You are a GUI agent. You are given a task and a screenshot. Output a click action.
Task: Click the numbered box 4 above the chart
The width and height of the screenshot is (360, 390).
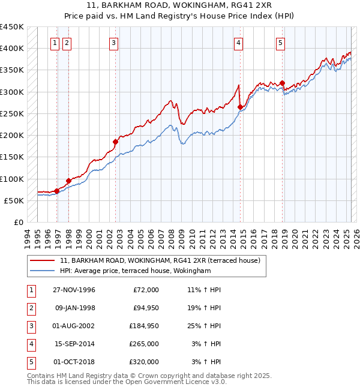pyautogui.click(x=239, y=43)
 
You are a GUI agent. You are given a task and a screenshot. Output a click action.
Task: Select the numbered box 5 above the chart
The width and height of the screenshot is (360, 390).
pyautogui.click(x=280, y=43)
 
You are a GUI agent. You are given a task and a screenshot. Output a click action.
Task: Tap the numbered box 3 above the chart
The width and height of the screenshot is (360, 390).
pyautogui.click(x=113, y=43)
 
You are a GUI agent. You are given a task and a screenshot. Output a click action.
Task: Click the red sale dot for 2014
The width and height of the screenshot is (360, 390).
pyautogui.click(x=240, y=107)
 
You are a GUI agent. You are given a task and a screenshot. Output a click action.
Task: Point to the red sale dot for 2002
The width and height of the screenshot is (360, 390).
pyautogui.click(x=115, y=142)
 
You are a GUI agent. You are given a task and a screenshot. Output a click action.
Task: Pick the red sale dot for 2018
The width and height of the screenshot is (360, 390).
pyautogui.click(x=282, y=83)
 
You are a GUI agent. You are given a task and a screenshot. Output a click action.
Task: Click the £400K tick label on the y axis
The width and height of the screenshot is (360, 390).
pyautogui.click(x=12, y=49)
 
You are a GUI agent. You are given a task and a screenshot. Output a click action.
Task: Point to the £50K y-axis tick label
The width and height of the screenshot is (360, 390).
pyautogui.click(x=14, y=200)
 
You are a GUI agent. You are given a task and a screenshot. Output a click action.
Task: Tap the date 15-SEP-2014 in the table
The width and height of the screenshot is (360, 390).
pyautogui.click(x=74, y=344)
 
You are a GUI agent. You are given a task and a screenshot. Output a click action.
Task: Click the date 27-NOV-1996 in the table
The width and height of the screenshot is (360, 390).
pyautogui.click(x=74, y=290)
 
